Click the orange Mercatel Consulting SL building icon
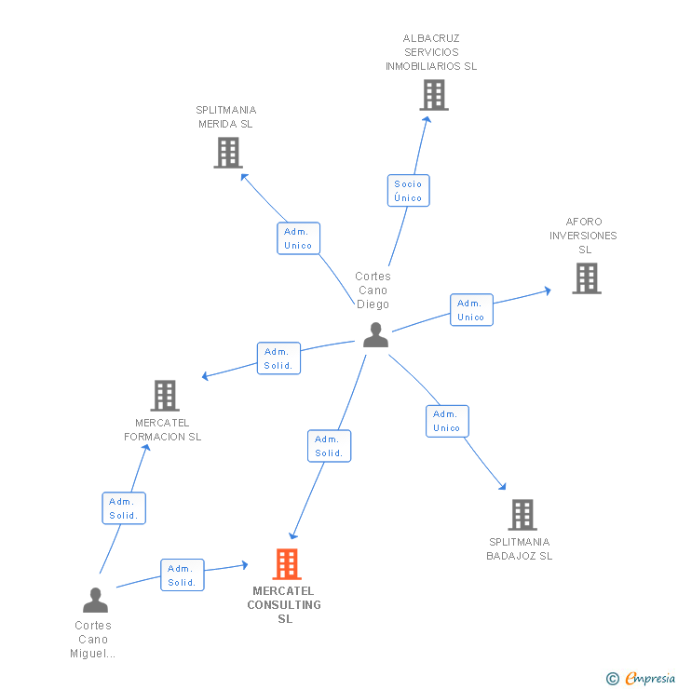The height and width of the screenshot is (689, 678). tap(287, 564)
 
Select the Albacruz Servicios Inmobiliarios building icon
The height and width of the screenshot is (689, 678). tap(433, 95)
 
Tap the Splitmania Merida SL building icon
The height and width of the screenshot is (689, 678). tap(228, 153)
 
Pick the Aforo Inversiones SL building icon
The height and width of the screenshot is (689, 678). tap(586, 278)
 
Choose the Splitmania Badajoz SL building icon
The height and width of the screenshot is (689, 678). tap(522, 515)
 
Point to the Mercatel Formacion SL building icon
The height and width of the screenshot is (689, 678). tap(165, 396)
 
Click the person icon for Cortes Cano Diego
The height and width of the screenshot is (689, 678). tap(375, 334)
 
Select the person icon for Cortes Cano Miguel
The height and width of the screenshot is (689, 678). tap(95, 601)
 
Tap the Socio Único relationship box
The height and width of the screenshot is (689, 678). tap(408, 191)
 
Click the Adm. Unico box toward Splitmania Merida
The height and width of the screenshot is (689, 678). tap(298, 238)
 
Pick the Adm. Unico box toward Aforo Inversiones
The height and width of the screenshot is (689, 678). tap(470, 310)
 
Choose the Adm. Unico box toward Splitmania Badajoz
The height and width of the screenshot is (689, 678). tap(446, 421)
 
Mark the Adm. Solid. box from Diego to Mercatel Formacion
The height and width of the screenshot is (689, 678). tap(278, 358)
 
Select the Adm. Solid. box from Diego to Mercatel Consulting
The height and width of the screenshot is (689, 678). tap(329, 446)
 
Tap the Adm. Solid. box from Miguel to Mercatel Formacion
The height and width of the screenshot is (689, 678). tap(123, 508)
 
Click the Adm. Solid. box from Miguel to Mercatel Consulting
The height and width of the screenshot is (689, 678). tap(182, 575)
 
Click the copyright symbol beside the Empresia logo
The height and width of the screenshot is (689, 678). tap(612, 679)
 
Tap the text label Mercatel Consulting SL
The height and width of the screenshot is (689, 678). tap(284, 604)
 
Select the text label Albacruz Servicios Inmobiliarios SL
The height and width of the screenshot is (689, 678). tap(431, 52)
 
